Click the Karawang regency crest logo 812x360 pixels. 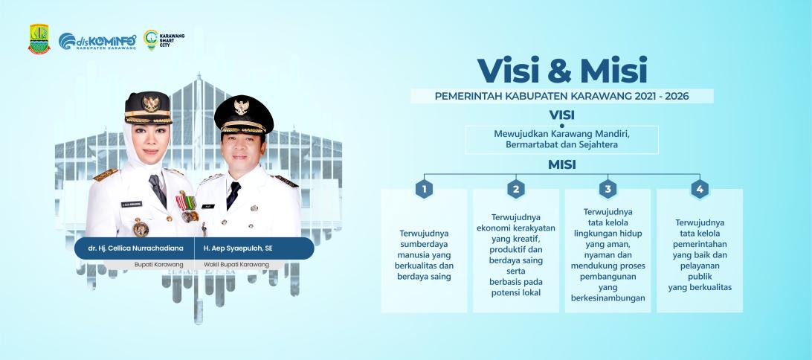pos(39,39)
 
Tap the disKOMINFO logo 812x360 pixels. pos(97,41)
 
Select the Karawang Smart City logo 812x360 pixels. pos(164,40)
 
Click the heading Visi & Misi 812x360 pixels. pos(562,71)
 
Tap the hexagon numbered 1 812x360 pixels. pos(424,189)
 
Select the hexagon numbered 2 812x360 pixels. pos(516,189)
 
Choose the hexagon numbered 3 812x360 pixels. pos(608,189)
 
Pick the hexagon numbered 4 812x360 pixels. pos(700,189)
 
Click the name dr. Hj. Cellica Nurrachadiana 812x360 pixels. pos(135,248)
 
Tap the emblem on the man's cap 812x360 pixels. pos(242,107)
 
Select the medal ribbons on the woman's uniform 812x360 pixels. pos(187,201)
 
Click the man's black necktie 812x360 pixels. pos(233,195)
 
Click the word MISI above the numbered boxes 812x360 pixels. pos(562,164)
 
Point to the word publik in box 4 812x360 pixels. pos(700,277)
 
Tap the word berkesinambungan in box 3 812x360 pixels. pos(608,298)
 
